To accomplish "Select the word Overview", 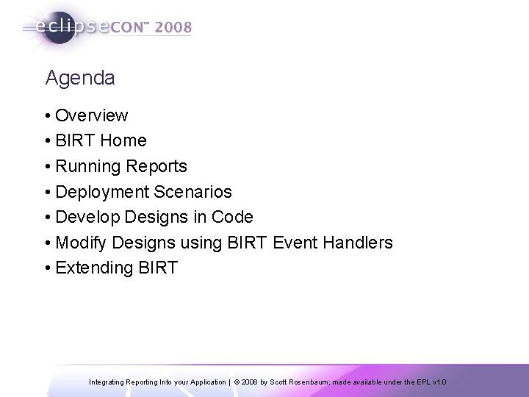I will pos(92,115).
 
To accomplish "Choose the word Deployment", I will pos(102,192).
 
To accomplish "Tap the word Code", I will pos(231,217).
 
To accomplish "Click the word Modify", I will pos(80,242).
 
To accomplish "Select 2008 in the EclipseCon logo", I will pos(173,28).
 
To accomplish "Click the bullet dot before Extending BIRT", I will pos(48,268).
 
